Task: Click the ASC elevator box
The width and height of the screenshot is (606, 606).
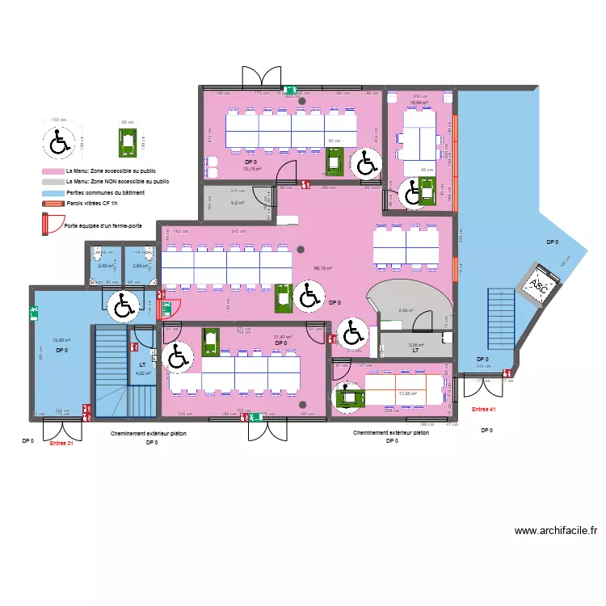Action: pyautogui.click(x=537, y=285)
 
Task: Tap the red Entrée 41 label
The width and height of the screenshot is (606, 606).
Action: pyautogui.click(x=483, y=410)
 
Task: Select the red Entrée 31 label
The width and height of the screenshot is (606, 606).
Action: pyautogui.click(x=61, y=443)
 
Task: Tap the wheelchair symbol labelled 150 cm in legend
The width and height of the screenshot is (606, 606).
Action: pyautogui.click(x=59, y=143)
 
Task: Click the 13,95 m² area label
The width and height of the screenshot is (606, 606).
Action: pyautogui.click(x=409, y=394)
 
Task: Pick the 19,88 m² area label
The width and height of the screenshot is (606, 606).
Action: pyautogui.click(x=61, y=340)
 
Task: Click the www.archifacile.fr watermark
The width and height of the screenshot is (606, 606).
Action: pyautogui.click(x=555, y=531)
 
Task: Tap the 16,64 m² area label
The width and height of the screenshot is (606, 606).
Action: pyautogui.click(x=418, y=103)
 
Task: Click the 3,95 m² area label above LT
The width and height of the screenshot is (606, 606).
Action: pyautogui.click(x=415, y=345)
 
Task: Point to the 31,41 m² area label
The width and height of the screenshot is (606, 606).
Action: pyautogui.click(x=282, y=337)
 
